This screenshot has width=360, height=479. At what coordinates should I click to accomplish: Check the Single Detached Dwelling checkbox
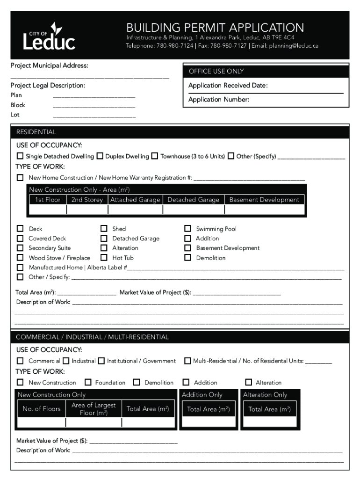pos(20,156)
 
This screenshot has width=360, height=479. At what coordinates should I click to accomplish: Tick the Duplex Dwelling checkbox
pos(100,156)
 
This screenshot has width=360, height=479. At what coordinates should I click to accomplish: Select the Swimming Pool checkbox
pos(187,229)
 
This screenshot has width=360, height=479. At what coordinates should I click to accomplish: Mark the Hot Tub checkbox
pos(104,258)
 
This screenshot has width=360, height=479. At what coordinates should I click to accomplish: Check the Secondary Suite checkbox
pos(20,248)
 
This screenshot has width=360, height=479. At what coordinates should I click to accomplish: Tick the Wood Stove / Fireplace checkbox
pos(20,258)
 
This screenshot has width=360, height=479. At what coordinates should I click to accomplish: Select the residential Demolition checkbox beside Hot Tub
pos(187,258)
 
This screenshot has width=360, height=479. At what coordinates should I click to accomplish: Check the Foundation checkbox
pos(88,382)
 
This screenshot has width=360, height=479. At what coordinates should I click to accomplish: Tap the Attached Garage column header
pos(135,200)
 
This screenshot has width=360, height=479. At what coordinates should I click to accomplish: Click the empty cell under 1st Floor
pos(47,210)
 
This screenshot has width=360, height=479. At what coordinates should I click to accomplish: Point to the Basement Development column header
pos(264,200)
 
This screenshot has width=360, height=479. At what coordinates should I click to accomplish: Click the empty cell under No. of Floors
pos(41,423)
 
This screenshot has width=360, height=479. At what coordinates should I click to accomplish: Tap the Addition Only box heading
pos(202,395)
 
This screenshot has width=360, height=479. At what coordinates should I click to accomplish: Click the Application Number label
pos(218,100)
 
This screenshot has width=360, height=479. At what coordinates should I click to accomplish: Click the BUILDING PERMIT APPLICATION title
pos(215,28)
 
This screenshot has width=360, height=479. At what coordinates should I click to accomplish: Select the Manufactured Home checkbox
pos(20,268)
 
